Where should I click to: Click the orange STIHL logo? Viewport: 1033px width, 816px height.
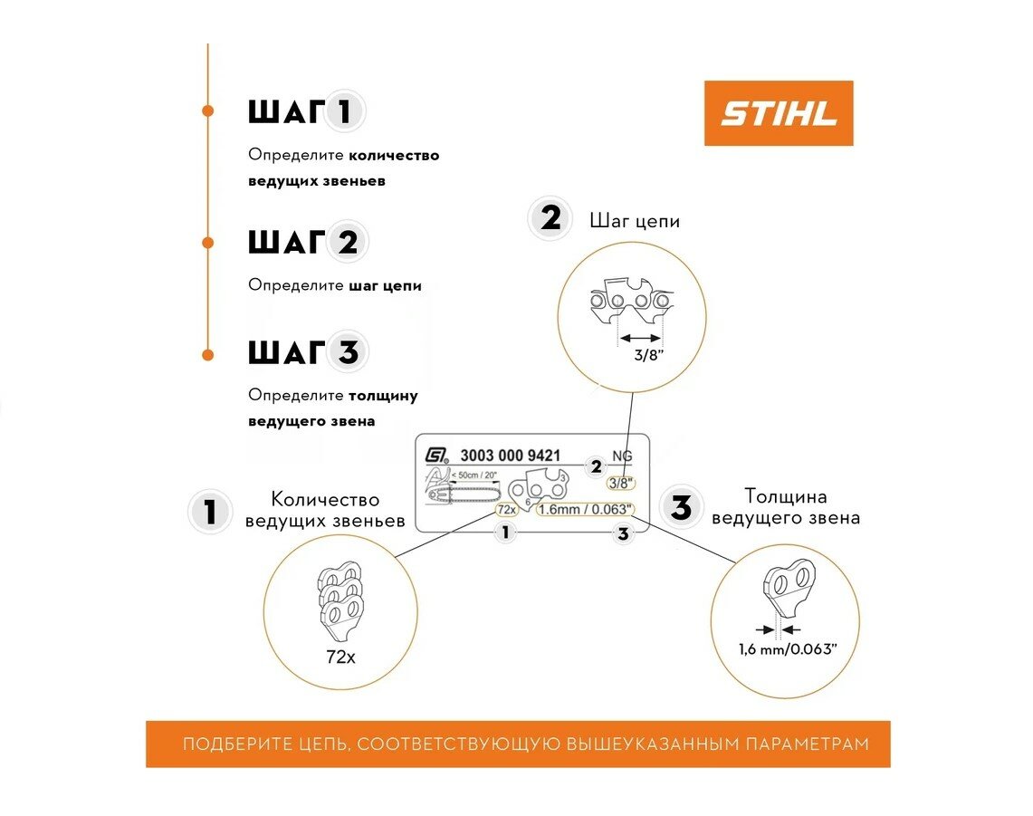click(779, 113)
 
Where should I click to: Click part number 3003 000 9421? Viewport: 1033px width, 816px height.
click(511, 456)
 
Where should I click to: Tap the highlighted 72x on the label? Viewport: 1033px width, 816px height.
click(506, 509)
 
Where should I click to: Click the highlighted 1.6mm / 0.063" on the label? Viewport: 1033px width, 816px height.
click(585, 509)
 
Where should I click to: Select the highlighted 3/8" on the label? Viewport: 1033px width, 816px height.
click(620, 483)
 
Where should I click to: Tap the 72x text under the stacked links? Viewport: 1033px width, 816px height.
click(340, 658)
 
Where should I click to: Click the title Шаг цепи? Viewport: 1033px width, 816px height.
click(634, 221)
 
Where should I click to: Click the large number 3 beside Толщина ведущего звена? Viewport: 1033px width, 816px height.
click(681, 507)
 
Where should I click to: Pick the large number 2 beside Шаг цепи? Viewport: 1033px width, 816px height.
click(550, 220)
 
